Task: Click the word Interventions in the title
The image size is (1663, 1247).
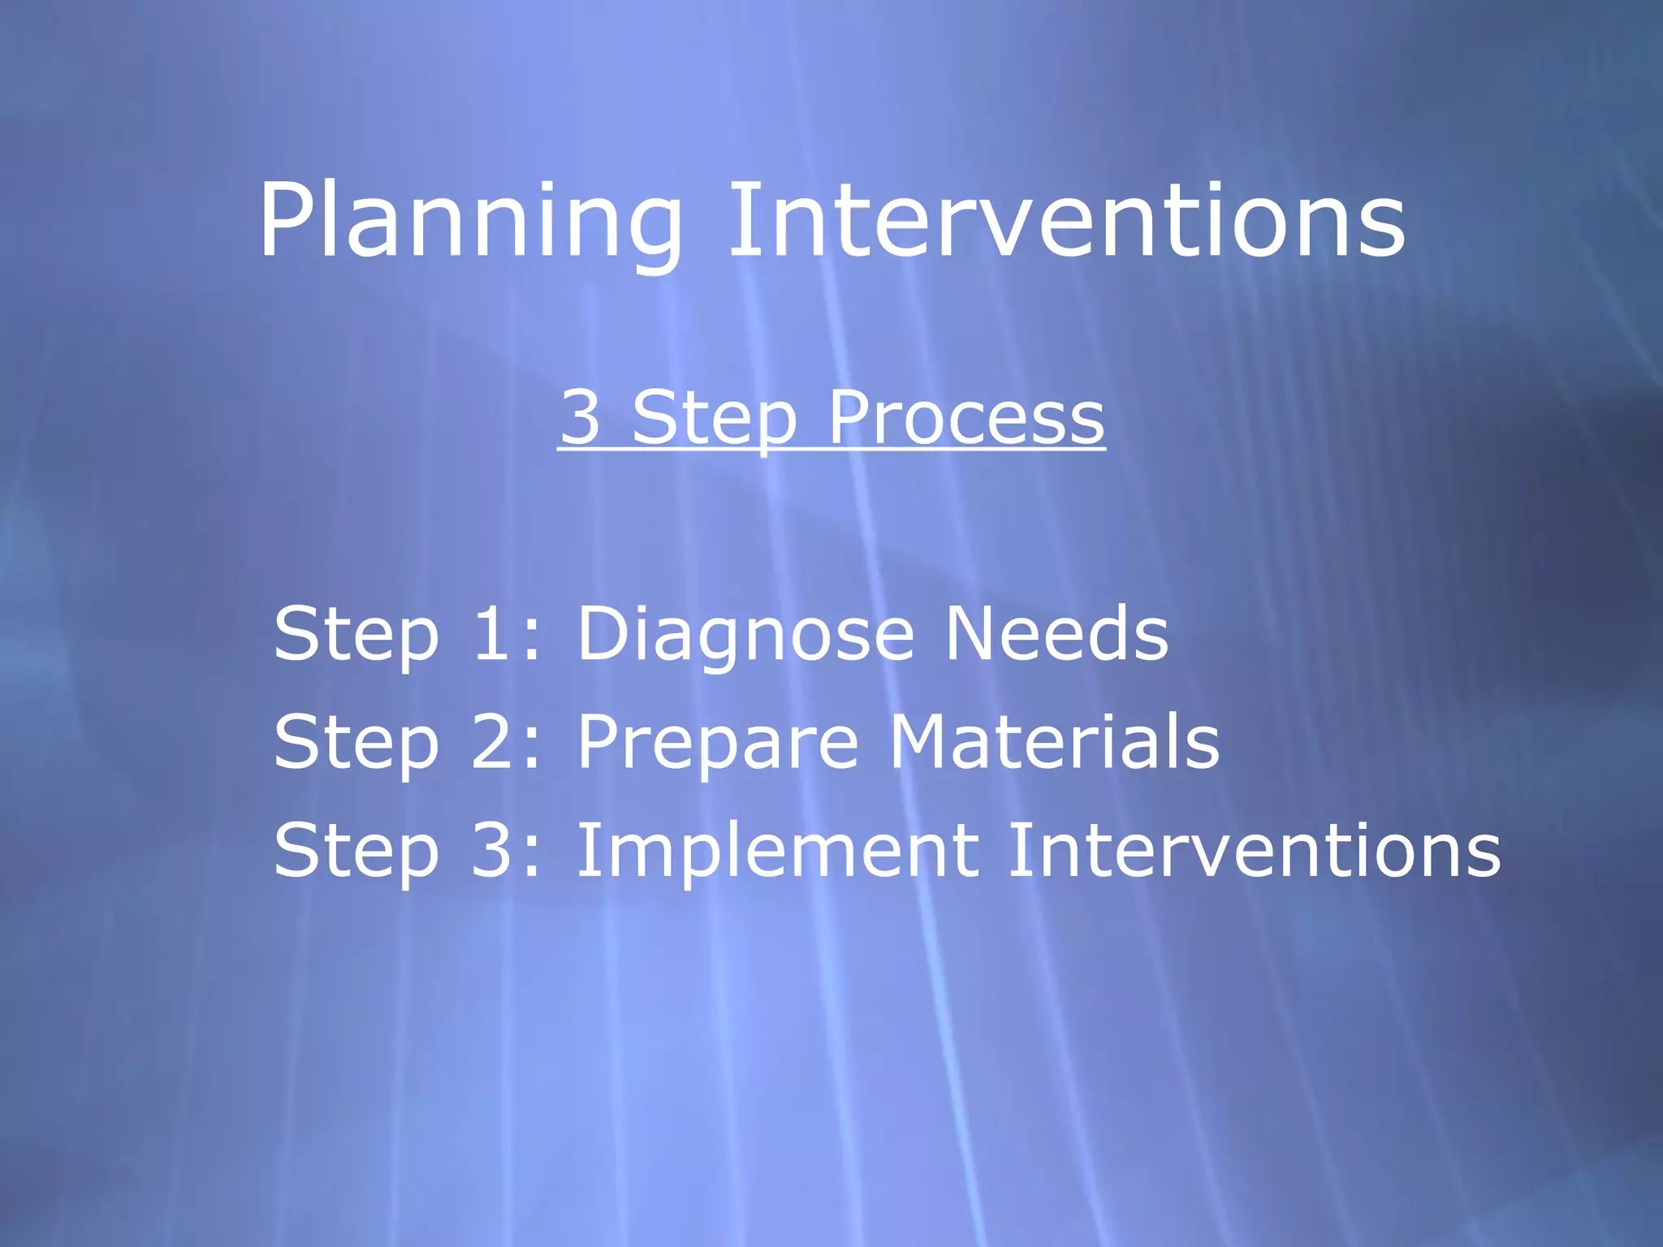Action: pyautogui.click(x=1066, y=221)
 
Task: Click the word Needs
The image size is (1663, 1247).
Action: pyautogui.click(x=1056, y=633)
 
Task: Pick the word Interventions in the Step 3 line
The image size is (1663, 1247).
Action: pyautogui.click(x=1254, y=850)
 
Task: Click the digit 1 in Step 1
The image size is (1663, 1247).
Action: pyautogui.click(x=492, y=633)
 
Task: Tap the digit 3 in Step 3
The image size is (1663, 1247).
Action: pyautogui.click(x=492, y=850)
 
